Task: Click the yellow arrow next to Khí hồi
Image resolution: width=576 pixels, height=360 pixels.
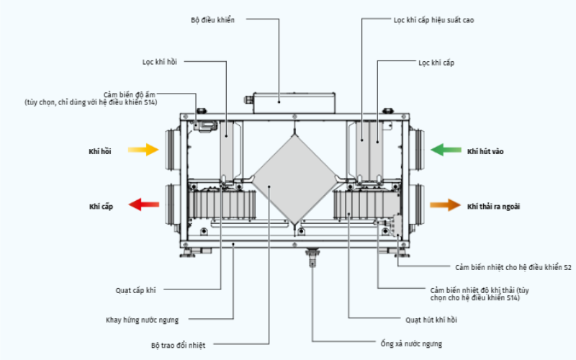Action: tap(143, 150)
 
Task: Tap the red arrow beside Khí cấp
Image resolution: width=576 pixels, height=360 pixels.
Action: tap(143, 204)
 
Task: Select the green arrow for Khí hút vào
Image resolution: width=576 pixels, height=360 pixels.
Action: tap(446, 150)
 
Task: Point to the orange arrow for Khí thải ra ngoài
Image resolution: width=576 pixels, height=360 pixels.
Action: tap(445, 204)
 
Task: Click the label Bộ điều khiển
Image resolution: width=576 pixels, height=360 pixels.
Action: tap(212, 20)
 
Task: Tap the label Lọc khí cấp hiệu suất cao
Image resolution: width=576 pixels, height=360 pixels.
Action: tap(434, 20)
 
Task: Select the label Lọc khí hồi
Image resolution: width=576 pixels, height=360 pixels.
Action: tap(160, 62)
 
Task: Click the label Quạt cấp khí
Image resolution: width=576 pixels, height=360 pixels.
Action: tap(135, 291)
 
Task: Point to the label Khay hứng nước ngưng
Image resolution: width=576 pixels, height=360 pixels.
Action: tap(142, 320)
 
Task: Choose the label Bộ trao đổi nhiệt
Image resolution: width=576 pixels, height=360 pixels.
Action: tap(178, 346)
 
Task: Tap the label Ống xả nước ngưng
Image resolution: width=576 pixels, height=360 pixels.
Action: tap(411, 344)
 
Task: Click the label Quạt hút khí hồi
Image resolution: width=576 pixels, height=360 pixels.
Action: tap(431, 320)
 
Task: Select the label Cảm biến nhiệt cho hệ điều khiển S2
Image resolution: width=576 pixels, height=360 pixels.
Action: tap(513, 267)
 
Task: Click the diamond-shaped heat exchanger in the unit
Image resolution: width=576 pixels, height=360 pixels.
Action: tap(294, 180)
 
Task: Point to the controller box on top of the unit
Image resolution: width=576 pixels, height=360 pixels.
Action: tap(294, 103)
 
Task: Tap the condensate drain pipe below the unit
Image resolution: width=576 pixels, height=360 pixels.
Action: tap(312, 257)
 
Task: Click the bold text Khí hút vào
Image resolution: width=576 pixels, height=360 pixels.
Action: tap(485, 151)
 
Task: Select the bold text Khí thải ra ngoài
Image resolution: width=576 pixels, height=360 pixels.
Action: tap(493, 207)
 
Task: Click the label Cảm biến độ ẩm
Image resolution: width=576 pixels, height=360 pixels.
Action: tap(130, 95)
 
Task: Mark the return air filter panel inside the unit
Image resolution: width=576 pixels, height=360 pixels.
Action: tap(227, 150)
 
